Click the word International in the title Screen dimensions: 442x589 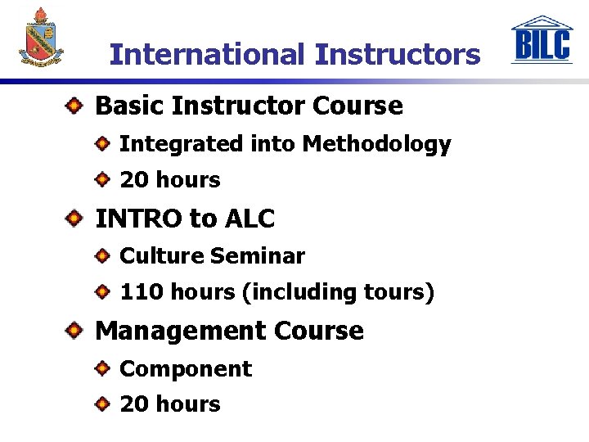207,55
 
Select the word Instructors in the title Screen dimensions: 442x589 398,55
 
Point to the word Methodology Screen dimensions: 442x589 376,145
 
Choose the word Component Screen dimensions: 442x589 186,369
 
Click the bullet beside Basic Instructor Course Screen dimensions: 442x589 74,106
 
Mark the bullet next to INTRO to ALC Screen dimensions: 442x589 74,219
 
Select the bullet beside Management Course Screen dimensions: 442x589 74,331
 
